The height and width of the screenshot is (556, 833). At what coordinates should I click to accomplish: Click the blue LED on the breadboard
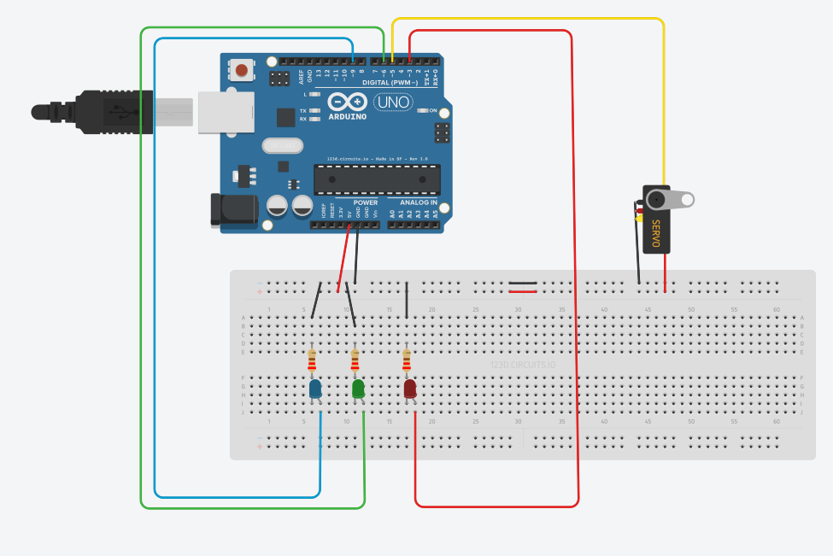coord(315,389)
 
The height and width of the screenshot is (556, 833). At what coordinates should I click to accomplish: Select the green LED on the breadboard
coord(359,389)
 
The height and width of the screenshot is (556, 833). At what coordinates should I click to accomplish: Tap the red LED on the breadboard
coord(410,389)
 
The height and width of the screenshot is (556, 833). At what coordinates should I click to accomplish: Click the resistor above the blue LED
coord(312,360)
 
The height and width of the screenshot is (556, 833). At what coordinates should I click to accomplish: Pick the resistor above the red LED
coord(406,360)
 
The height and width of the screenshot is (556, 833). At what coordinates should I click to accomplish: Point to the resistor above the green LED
coord(355,360)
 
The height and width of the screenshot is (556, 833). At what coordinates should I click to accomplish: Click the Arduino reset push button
coord(242,70)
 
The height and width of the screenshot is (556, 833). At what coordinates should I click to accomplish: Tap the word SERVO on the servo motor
coord(656,234)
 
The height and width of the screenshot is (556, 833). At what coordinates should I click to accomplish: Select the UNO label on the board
coord(393,102)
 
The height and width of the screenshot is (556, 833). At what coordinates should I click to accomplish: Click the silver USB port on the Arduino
coord(226,113)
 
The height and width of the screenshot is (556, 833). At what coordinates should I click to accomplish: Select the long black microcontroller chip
coord(377,180)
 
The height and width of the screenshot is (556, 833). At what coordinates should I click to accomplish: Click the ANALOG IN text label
coord(419,202)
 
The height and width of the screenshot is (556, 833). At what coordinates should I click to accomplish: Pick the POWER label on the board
coord(365,202)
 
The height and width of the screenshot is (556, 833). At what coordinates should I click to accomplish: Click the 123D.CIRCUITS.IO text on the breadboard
coord(522,365)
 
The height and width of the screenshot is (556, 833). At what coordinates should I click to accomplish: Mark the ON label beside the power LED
coord(433,111)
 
